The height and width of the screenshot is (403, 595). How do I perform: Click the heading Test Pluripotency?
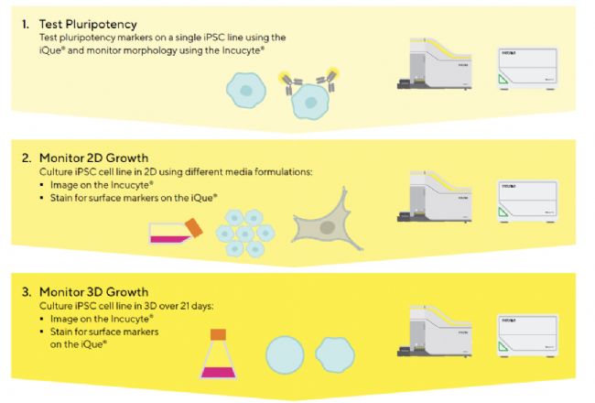coord(88,25)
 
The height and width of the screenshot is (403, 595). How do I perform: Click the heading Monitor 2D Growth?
coord(93,158)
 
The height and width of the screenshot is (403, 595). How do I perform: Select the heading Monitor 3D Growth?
coord(93,292)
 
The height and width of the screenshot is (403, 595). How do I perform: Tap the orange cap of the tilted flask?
coord(194,228)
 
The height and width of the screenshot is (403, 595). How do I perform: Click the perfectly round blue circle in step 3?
coord(285,355)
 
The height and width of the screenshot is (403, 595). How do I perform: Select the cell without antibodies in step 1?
coord(246,91)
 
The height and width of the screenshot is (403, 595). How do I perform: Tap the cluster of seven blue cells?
coord(245,234)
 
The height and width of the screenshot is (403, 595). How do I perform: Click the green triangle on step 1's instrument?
coord(504,81)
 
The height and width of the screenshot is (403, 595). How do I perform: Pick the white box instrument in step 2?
coord(527,201)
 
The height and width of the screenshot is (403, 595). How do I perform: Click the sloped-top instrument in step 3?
coord(435,332)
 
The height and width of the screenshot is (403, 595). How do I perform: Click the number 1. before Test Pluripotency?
coord(26,25)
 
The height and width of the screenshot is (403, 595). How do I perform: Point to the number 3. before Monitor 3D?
coord(27,292)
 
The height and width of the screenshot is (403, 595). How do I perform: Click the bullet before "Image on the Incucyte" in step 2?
coord(42,185)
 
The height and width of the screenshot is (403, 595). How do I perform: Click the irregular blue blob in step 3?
coord(335,354)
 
